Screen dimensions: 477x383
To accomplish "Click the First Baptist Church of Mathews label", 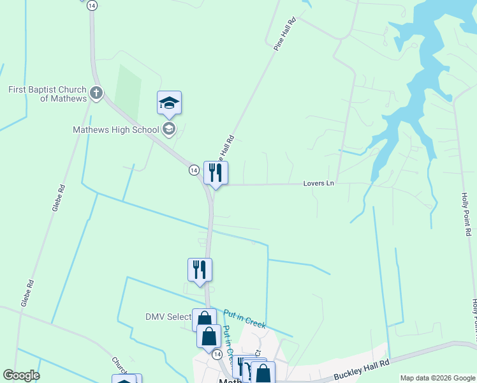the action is click(x=48, y=94).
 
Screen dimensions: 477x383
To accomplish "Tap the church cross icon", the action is click(x=96, y=94).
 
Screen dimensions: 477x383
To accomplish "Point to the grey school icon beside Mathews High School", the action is click(x=169, y=130).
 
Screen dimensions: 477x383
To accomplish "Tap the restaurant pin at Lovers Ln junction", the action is click(x=216, y=172).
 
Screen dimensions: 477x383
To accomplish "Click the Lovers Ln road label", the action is click(x=318, y=183).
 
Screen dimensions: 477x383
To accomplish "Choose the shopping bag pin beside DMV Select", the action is click(x=204, y=319).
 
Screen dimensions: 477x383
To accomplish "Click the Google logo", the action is click(x=21, y=375).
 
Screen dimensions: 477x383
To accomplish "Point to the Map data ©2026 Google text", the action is click(x=437, y=378).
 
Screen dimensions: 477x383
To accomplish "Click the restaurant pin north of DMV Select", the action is click(x=200, y=269).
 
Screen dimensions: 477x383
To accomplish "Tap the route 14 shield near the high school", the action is click(x=193, y=170).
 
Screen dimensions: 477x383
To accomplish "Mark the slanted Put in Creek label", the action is click(x=244, y=318).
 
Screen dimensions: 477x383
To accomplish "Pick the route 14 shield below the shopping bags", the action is click(x=217, y=354).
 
